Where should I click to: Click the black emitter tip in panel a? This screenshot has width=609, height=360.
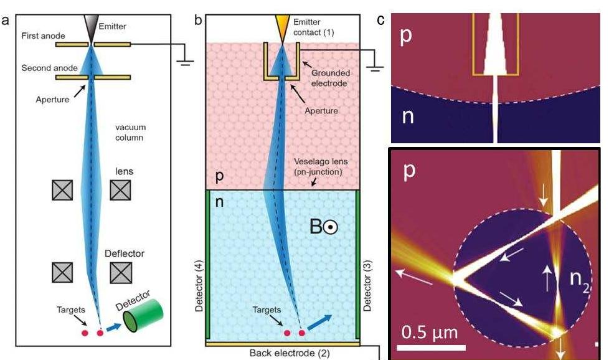(91, 27)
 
